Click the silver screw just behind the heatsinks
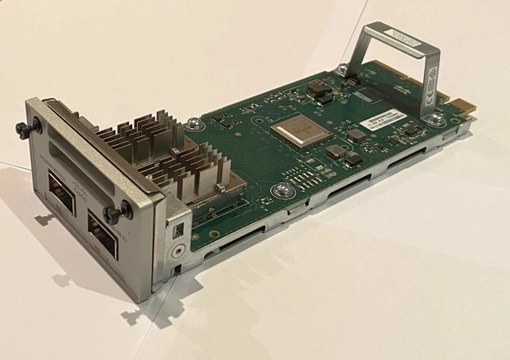tap(194, 123)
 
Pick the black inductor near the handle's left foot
tap(324, 94)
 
